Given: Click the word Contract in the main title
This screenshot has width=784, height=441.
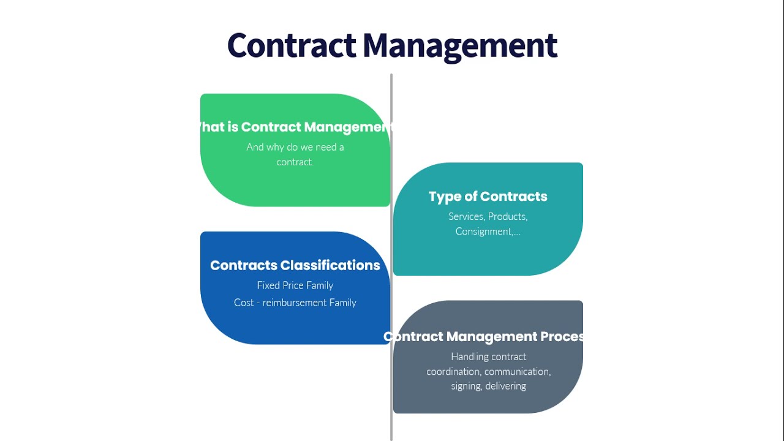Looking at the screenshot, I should [292, 45].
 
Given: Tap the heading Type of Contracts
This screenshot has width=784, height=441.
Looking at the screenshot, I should [488, 197].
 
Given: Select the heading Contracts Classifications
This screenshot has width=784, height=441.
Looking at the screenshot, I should [295, 265].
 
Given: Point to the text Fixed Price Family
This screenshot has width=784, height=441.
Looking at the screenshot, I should [295, 285].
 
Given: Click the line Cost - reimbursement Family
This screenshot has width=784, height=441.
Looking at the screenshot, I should [295, 303].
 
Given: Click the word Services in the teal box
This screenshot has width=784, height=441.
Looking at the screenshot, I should [466, 217].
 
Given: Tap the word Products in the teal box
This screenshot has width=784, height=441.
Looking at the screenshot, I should [508, 217].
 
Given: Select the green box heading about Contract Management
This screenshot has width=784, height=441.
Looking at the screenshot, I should [295, 127].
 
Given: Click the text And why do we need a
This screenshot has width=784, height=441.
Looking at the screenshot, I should [295, 147].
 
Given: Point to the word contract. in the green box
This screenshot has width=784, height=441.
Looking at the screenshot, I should [295, 162].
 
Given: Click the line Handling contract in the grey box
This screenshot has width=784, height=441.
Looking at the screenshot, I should [488, 356].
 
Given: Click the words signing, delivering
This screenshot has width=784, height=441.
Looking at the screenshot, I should [488, 386].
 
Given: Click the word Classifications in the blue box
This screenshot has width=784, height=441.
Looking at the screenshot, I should [330, 265].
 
